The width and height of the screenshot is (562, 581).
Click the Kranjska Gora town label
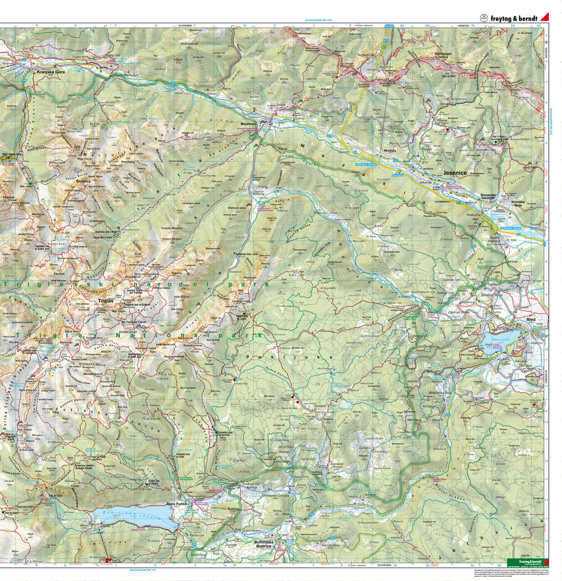(48, 72)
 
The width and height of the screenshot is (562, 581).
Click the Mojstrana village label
(249, 122)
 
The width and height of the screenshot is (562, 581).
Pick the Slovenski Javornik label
(489, 197)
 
